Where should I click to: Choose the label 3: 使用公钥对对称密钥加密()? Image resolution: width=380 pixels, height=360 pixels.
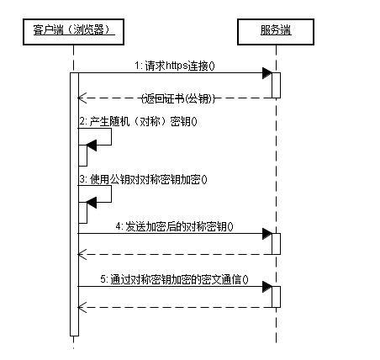pyautogui.click(x=143, y=179)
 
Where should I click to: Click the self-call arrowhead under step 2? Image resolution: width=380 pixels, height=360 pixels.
pyautogui.click(x=91, y=146)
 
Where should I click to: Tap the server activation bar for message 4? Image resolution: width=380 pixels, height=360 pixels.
pyautogui.click(x=275, y=243)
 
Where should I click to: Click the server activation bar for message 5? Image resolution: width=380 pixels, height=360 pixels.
pyautogui.click(x=275, y=296)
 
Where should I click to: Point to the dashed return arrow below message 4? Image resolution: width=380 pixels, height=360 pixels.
pyautogui.click(x=177, y=253)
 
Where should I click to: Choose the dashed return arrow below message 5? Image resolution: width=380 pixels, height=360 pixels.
pyautogui.click(x=177, y=307)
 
